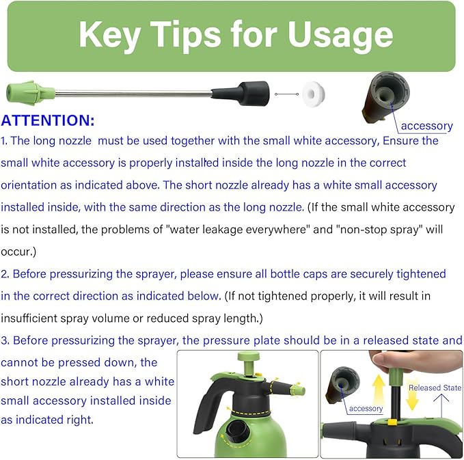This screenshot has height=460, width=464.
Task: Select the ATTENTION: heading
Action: pos(48,121)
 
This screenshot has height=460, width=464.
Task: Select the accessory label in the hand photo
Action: pos(366,409)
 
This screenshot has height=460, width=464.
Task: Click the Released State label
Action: pos(435,388)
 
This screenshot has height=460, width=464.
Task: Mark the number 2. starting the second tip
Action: pos(5,274)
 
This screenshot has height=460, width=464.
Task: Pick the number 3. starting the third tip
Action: pos(5,340)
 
